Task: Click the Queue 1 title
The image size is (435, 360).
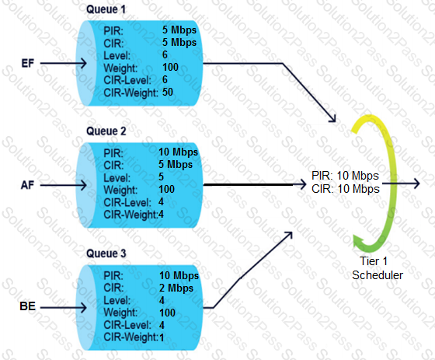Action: pos(106,9)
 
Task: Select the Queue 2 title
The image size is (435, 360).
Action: pos(106,131)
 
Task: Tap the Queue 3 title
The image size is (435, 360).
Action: pos(106,253)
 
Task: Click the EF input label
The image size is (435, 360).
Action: pos(28,63)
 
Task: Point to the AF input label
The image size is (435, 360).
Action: pos(27,185)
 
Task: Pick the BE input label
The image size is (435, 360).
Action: pos(28,306)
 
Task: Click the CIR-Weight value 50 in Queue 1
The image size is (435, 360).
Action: pos(168,93)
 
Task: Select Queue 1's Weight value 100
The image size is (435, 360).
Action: pos(170,67)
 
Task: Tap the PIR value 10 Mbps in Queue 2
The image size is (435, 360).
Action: pos(179,152)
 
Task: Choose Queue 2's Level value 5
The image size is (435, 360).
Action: pos(162,177)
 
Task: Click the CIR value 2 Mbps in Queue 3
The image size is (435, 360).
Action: pos(176,288)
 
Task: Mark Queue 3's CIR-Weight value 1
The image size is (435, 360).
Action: pos(162,337)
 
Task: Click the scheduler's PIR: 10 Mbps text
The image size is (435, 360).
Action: pos(345,176)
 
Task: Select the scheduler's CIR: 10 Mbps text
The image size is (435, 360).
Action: pos(346,189)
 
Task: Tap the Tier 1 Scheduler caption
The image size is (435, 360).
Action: pos(378,268)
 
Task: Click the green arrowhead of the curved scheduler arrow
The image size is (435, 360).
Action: pos(359,241)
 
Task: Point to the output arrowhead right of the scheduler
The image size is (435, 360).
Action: pos(416,183)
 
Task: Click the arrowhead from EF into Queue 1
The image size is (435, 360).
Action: pos(82,63)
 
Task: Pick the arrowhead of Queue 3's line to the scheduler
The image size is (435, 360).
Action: pos(288,236)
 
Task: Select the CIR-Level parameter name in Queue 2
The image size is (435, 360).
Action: pos(127,202)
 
